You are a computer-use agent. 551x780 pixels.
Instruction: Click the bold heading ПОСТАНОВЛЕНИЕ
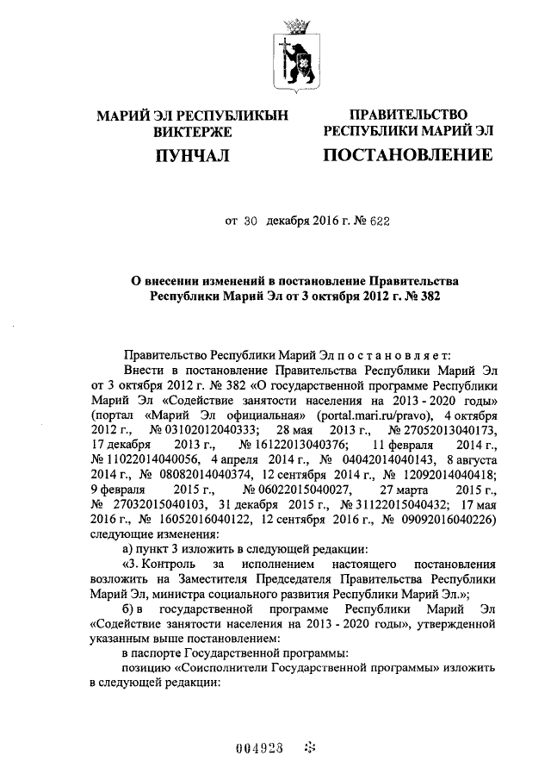(x=407, y=156)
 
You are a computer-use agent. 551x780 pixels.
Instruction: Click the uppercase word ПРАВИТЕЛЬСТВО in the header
(x=407, y=115)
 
